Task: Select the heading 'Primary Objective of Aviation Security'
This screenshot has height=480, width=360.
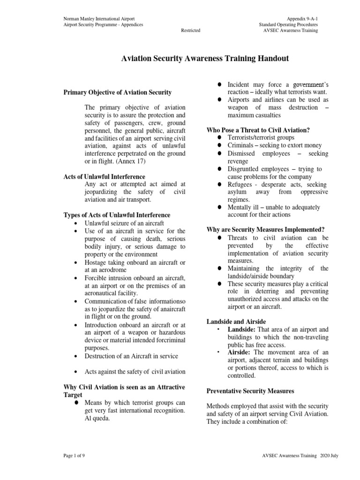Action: click(x=117, y=92)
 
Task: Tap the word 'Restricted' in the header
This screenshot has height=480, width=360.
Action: click(x=191, y=30)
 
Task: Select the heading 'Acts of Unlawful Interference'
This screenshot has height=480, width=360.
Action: click(x=104, y=177)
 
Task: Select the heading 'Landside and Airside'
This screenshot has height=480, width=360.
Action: click(x=236, y=322)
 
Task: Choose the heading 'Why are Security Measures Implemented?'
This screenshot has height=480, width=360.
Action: click(x=265, y=230)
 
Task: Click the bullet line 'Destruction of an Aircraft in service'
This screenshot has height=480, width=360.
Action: click(x=131, y=356)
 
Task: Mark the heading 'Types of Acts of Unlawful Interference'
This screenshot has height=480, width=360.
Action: click(x=117, y=215)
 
